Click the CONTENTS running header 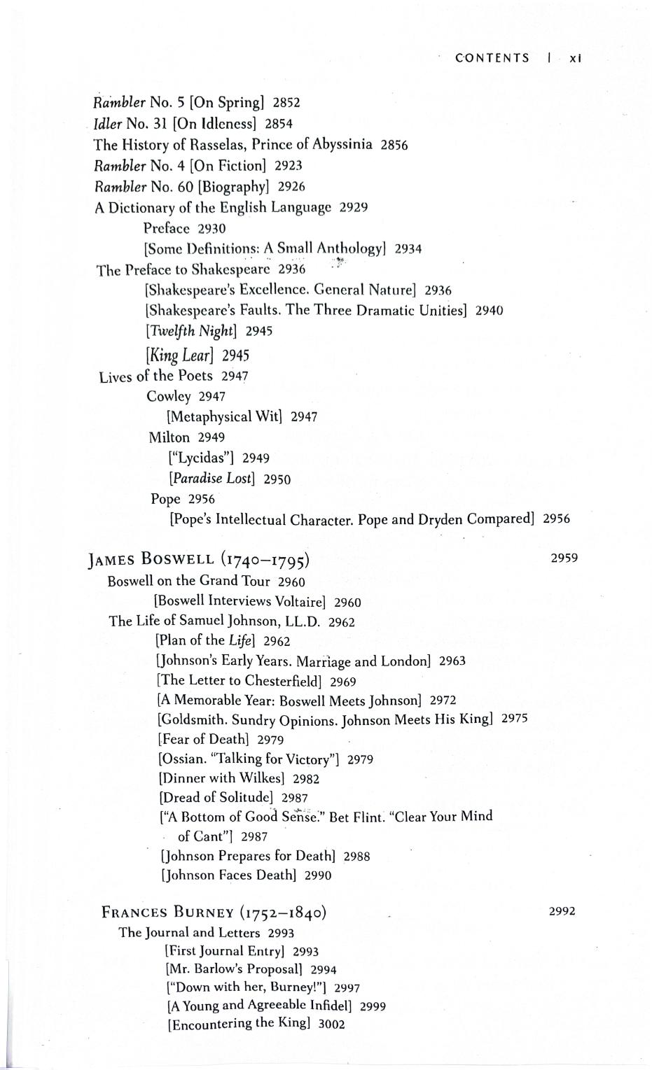pyautogui.click(x=492, y=58)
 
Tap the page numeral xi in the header pyautogui.click(x=576, y=59)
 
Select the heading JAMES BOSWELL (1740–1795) pyautogui.click(x=199, y=559)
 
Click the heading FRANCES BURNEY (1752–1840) pyautogui.click(x=214, y=913)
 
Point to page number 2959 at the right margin pyautogui.click(x=564, y=558)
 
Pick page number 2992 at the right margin pyautogui.click(x=562, y=911)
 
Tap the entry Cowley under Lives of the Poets pyautogui.click(x=169, y=396)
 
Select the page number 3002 pyautogui.click(x=331, y=1024)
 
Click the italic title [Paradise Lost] pyautogui.click(x=212, y=479)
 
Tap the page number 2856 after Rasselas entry pyautogui.click(x=394, y=145)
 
